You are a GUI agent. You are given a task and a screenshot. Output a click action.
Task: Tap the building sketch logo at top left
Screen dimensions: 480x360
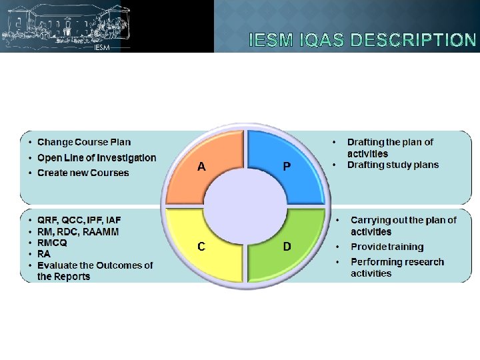65,26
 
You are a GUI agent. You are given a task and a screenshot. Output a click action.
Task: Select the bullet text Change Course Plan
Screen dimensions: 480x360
84,142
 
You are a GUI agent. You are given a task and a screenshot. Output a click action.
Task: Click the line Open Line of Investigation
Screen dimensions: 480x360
97,158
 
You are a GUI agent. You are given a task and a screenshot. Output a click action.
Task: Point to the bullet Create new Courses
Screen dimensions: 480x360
83,173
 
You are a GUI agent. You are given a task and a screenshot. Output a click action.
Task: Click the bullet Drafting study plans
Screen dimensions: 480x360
393,165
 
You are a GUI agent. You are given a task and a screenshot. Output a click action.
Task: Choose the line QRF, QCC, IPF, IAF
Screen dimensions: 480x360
79,220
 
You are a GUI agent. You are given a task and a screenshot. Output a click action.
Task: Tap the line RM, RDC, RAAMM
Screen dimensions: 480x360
78,231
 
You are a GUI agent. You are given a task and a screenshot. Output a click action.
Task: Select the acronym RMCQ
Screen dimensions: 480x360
52,243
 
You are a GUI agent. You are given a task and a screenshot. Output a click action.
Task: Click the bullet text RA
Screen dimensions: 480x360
44,254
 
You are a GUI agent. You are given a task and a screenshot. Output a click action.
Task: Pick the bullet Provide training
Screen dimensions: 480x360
387,247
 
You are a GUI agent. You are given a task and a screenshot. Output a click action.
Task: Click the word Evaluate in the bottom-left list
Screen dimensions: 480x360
56,265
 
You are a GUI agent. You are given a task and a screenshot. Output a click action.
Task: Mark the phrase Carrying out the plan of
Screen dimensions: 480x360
403,220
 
